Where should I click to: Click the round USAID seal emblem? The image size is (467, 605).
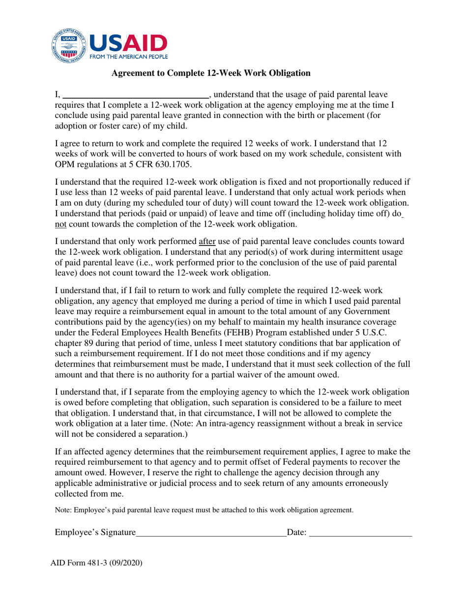pos(69,48)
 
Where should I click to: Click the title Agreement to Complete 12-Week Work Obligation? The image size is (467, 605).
pos(211,73)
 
